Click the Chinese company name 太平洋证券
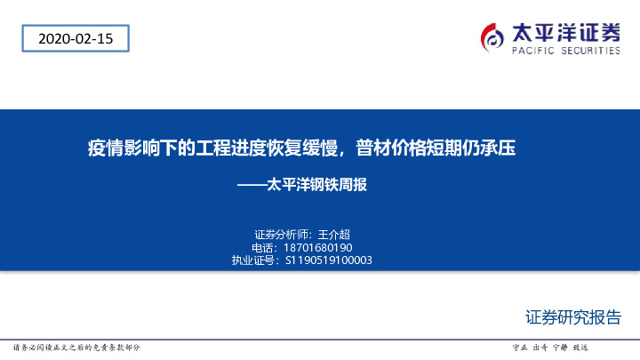click(565, 32)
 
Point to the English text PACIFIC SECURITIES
click(565, 52)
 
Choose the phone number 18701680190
click(317, 247)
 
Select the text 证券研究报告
click(573, 318)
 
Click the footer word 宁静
click(561, 347)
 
